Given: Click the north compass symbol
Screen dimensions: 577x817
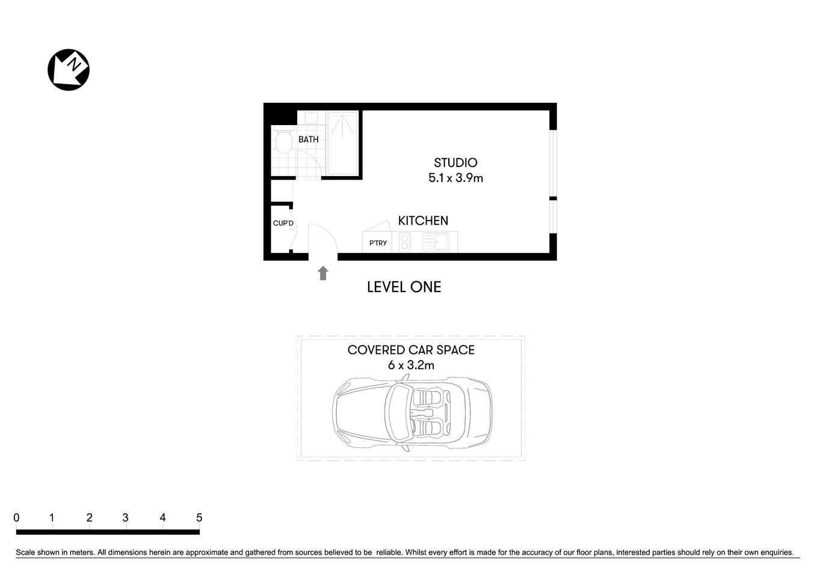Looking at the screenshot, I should [x=69, y=70].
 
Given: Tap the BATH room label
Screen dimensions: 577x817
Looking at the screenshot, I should [x=308, y=139].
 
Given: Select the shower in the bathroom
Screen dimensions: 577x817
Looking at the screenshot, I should [x=342, y=142].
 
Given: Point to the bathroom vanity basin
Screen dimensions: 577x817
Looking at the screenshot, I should [x=310, y=117].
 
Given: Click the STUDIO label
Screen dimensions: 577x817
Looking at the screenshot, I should [x=455, y=162].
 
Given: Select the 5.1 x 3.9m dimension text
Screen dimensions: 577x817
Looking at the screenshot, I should [x=455, y=178].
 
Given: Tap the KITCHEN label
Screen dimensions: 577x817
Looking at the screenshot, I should [x=423, y=221].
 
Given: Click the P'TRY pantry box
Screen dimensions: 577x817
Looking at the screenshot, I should [x=378, y=243].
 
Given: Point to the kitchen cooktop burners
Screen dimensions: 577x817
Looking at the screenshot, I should [x=404, y=242].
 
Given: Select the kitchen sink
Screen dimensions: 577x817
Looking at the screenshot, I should [x=435, y=242].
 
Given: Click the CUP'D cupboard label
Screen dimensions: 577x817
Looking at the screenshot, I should [x=283, y=224].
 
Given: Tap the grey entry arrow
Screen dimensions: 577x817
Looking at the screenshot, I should [x=323, y=273].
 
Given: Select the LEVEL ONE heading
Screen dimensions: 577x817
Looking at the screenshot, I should [x=404, y=287].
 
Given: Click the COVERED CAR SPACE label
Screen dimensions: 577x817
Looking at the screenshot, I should [x=411, y=350].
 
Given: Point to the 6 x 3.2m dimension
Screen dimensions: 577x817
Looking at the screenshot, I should [x=411, y=365].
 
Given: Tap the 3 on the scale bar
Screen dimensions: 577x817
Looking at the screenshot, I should [x=125, y=517].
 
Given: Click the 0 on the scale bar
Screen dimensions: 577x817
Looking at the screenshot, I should [x=16, y=517].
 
